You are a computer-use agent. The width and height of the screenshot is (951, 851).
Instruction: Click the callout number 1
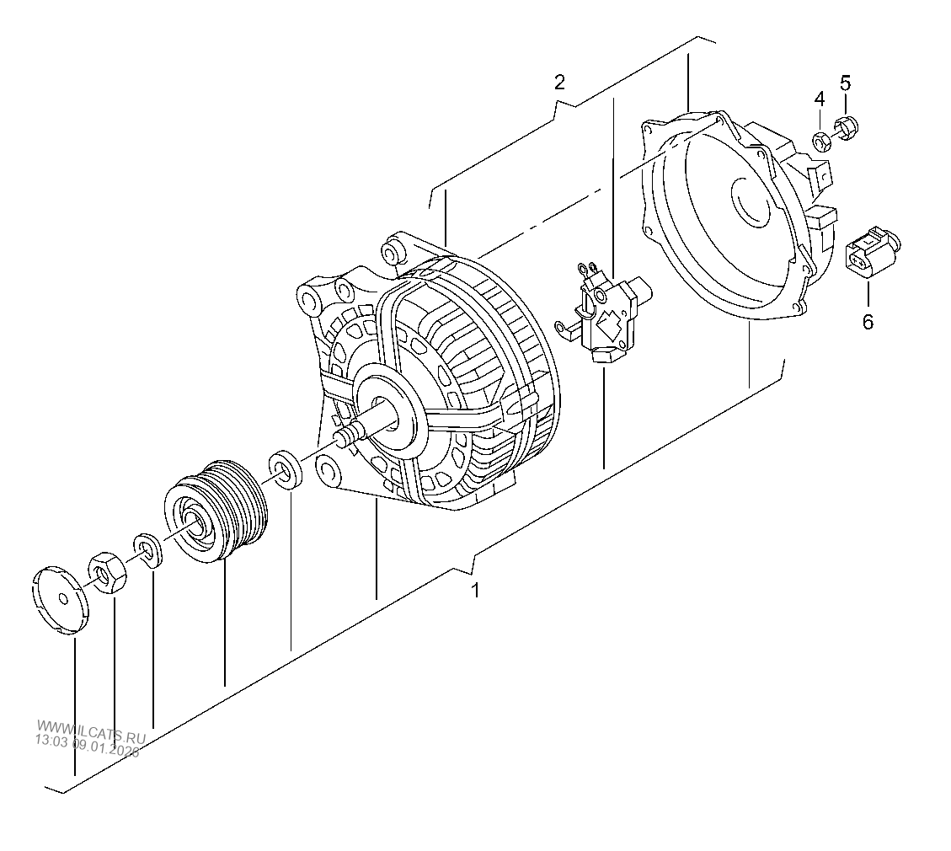tap(475, 591)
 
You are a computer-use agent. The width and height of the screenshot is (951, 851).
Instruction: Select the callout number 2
tap(559, 82)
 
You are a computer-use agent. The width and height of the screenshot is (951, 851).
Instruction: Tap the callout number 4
tap(819, 99)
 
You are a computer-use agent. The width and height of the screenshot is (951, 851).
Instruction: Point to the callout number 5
tap(846, 83)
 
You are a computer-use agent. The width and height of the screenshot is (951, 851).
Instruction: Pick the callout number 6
tap(868, 321)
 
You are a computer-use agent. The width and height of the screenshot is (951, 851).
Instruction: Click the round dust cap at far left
tap(61, 601)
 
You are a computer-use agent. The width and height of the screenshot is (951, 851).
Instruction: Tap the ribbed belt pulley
tap(216, 511)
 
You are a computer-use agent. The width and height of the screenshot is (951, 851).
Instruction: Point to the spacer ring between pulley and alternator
tap(284, 468)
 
